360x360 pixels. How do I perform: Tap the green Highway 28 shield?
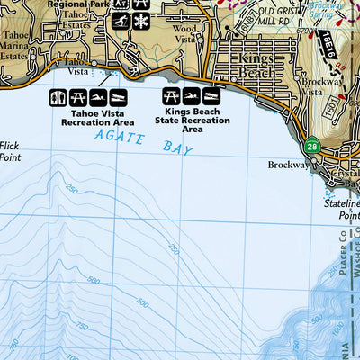[x=311, y=146]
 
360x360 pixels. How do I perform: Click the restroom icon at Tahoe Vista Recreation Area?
[x=55, y=97]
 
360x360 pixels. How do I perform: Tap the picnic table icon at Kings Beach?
[x=171, y=94]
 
